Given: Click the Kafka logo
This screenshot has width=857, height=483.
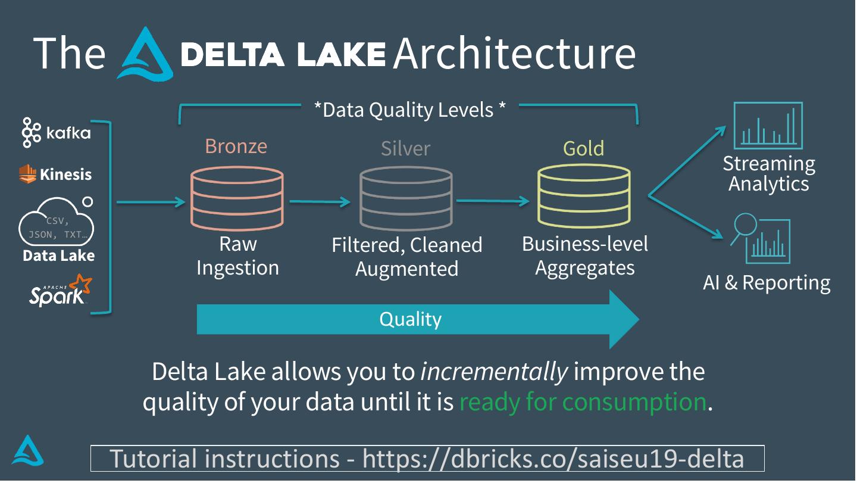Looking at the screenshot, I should (x=56, y=132).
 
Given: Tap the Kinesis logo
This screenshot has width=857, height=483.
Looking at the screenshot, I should (x=55, y=174).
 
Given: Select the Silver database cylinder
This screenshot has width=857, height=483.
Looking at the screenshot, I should (x=406, y=198).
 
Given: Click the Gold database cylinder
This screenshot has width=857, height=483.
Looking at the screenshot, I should (x=584, y=196).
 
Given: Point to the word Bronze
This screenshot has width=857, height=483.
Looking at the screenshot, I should (x=236, y=146).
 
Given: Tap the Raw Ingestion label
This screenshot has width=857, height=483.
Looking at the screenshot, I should (x=237, y=256).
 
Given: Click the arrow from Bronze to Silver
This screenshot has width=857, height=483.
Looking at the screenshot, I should (x=320, y=202).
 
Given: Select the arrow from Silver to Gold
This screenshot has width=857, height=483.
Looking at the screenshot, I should (x=493, y=201).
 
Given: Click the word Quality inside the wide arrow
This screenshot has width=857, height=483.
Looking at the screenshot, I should (x=410, y=319).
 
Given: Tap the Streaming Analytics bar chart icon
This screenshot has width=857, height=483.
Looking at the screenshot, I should (x=768, y=126).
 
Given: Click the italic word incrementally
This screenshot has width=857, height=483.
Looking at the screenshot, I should (x=494, y=372).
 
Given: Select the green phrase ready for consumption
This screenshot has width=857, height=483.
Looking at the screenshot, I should (x=583, y=402).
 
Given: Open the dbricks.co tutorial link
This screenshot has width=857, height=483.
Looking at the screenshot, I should (x=553, y=459).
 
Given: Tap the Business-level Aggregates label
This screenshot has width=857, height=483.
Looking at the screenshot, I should (x=585, y=255).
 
